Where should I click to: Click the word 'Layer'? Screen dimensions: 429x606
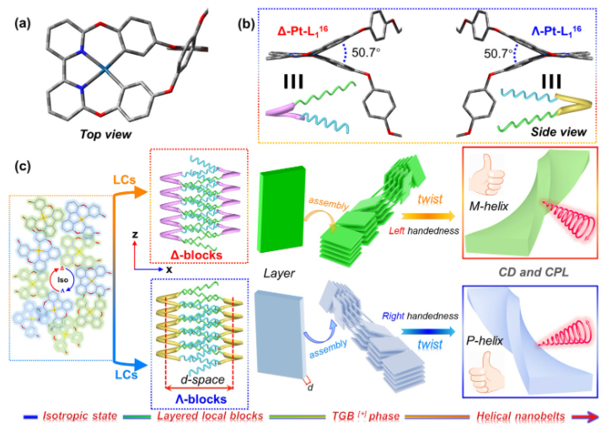coord(279,275)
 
